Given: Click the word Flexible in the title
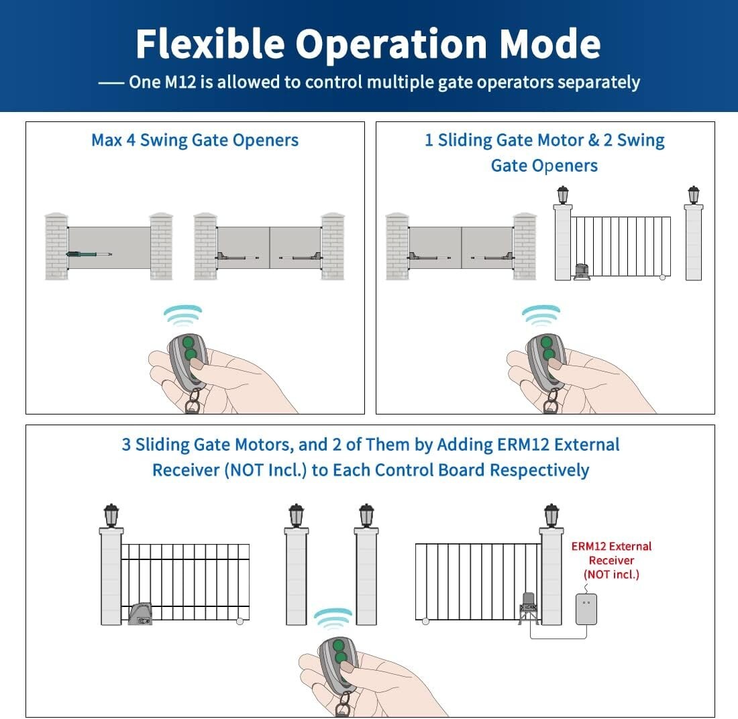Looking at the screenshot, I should tap(210, 44).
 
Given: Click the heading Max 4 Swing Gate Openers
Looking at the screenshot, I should tap(195, 140).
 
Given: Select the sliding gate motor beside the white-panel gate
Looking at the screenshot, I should tap(581, 270).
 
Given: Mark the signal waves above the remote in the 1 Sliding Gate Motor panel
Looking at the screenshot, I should tap(541, 314).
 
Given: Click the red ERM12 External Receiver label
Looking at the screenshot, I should tap(611, 560).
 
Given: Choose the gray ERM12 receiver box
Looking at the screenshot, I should tap(586, 609).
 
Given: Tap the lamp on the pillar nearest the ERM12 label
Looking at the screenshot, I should tap(551, 514).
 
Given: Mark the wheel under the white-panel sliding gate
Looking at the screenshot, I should tap(663, 276).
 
